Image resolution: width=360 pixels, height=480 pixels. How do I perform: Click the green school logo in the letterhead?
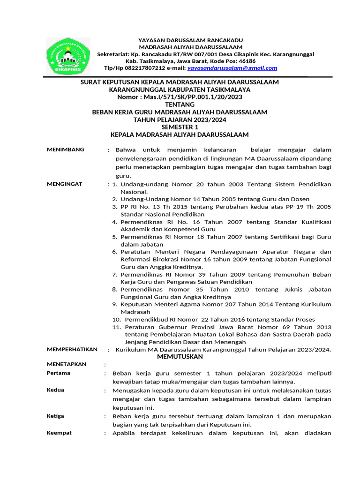pyautogui.click(x=67, y=56)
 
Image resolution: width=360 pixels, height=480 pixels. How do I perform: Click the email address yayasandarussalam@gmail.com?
pyautogui.click(x=232, y=68)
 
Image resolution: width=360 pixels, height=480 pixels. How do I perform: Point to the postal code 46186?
pyautogui.click(x=247, y=61)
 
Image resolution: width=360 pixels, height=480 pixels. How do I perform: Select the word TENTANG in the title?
pyautogui.click(x=180, y=105)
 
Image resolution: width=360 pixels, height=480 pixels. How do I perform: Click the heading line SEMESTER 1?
pyautogui.click(x=180, y=127)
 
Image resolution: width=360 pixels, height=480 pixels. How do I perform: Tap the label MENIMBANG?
pyautogui.click(x=66, y=150)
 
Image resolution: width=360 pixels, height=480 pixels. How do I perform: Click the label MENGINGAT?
pyautogui.click(x=65, y=184)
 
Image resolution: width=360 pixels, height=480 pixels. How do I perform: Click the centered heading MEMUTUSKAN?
pyautogui.click(x=180, y=357)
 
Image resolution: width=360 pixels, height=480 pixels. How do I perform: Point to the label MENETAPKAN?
pyautogui.click(x=67, y=364)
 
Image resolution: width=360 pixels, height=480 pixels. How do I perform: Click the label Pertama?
pyautogui.click(x=59, y=373)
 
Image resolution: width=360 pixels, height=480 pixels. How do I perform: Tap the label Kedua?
pyautogui.click(x=56, y=390)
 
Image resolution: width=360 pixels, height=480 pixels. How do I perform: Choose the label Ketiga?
pyautogui.click(x=56, y=416)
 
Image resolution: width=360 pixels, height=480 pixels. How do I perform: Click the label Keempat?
pyautogui.click(x=59, y=433)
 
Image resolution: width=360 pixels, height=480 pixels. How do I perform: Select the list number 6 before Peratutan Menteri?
pyautogui.click(x=115, y=252)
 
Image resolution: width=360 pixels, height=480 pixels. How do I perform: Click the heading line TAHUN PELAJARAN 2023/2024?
pyautogui.click(x=180, y=120)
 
